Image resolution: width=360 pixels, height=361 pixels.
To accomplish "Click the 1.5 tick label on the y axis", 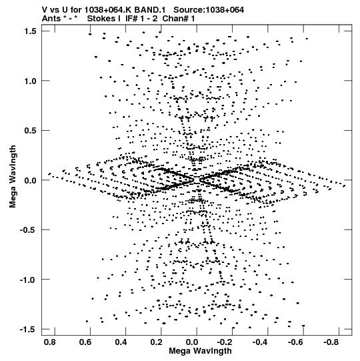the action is pyautogui.click(x=30, y=31).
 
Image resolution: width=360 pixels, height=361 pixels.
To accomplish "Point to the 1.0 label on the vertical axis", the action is pyautogui.click(x=30, y=81).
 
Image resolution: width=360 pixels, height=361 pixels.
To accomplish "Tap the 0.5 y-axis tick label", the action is pyautogui.click(x=30, y=131).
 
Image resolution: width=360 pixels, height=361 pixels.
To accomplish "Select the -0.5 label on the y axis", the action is pyautogui.click(x=28, y=230).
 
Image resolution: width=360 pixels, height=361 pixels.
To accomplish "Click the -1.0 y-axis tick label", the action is pyautogui.click(x=28, y=280).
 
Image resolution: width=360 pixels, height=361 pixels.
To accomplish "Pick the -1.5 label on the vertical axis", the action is pyautogui.click(x=28, y=329).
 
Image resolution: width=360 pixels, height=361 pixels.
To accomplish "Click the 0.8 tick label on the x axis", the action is pyautogui.click(x=50, y=342).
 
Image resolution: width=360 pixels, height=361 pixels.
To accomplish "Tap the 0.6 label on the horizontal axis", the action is pyautogui.click(x=85, y=342).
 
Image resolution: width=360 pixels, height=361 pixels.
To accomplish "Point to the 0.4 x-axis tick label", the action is pyautogui.click(x=121, y=342).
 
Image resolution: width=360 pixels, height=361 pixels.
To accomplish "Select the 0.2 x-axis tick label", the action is pyautogui.click(x=157, y=342).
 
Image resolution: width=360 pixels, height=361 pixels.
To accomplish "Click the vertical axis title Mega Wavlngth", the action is pyautogui.click(x=13, y=177).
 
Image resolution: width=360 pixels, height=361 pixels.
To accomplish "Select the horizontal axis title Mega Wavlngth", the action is pyautogui.click(x=200, y=352).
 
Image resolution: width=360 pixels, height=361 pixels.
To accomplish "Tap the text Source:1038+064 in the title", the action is pyautogui.click(x=209, y=10).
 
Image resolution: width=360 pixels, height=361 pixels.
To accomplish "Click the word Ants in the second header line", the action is pyautogui.click(x=51, y=19).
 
